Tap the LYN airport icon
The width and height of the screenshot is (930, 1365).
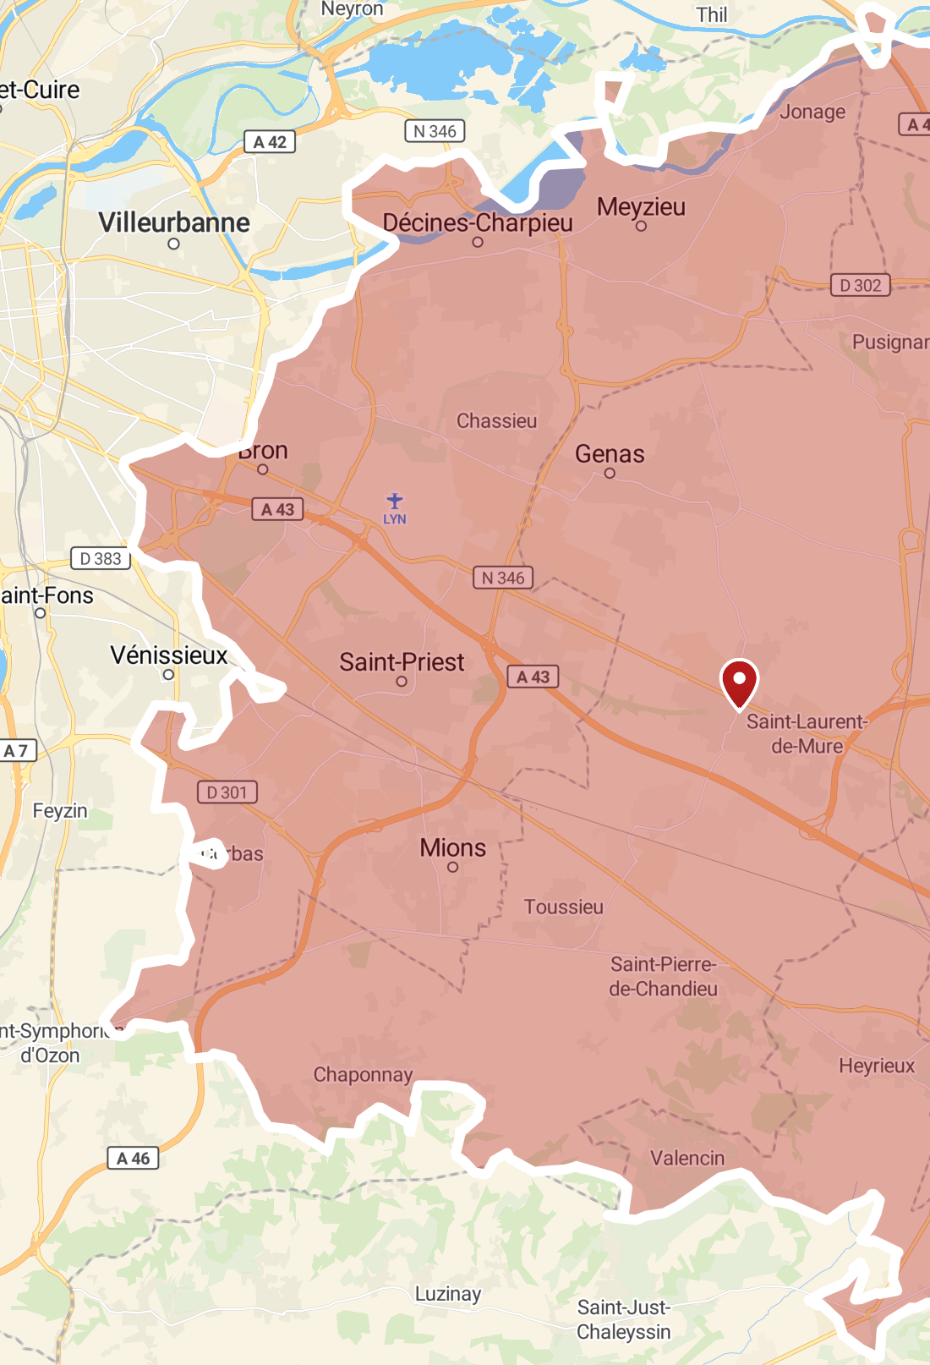point(395,502)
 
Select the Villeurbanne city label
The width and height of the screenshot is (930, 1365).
point(174,222)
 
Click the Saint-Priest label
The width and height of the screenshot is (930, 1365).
point(402,662)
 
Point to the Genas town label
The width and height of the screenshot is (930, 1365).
point(610,454)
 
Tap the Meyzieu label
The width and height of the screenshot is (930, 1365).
point(641,207)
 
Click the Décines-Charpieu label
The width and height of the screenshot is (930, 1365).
point(478,222)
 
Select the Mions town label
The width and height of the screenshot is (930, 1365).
point(453,847)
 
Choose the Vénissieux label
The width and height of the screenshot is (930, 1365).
point(169,655)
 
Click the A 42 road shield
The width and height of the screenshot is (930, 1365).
point(270,142)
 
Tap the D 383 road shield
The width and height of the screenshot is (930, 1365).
point(101,559)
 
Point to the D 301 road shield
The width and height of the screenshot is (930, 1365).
point(227,792)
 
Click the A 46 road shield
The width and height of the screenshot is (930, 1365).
point(133,1159)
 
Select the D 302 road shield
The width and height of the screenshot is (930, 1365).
point(861,286)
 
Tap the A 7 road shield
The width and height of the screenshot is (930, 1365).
point(16,750)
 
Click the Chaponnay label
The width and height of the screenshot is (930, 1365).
point(363,1074)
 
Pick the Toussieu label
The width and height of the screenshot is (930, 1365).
point(563,907)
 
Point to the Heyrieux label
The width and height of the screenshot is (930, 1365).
point(877,1066)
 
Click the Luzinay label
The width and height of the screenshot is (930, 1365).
point(448,1294)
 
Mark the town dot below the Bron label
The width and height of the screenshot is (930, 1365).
point(263,469)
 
